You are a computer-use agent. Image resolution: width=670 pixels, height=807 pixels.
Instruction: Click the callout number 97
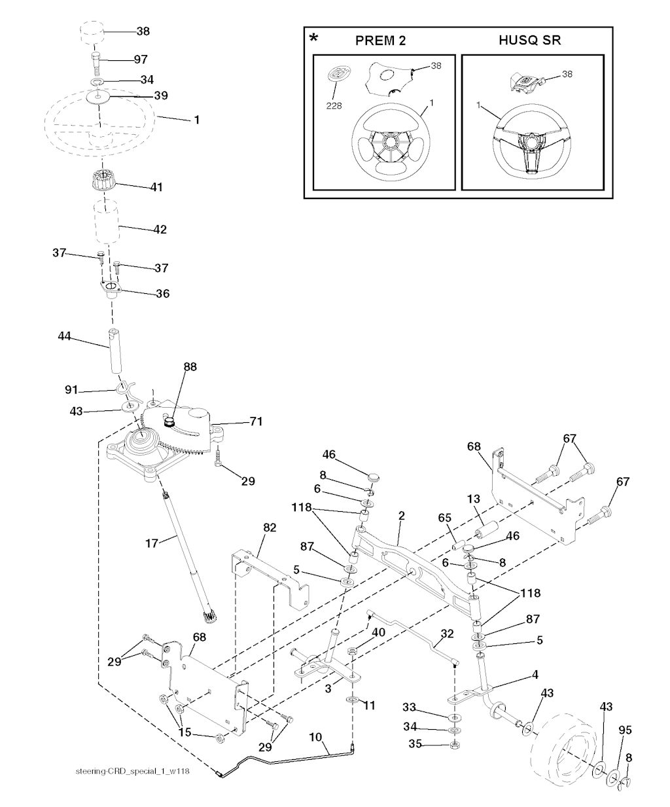[x=140, y=60]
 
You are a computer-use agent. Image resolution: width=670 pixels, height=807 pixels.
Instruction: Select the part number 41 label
[x=156, y=187]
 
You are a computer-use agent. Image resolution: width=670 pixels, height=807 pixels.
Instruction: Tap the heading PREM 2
[x=380, y=41]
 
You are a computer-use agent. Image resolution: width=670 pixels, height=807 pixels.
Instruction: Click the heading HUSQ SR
[x=529, y=41]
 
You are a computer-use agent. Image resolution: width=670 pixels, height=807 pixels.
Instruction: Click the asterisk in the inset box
[x=315, y=38]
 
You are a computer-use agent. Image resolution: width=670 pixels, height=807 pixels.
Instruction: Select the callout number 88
[x=190, y=367]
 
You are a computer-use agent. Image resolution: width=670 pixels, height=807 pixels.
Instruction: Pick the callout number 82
[x=270, y=528]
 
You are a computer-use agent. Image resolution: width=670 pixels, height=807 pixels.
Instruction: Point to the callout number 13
[x=474, y=499]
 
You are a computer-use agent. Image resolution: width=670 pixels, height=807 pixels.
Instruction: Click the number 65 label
[x=444, y=517]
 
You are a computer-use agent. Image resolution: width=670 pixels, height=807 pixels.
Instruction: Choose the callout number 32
[x=447, y=634]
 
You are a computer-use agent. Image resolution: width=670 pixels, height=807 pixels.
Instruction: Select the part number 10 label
[x=315, y=737]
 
